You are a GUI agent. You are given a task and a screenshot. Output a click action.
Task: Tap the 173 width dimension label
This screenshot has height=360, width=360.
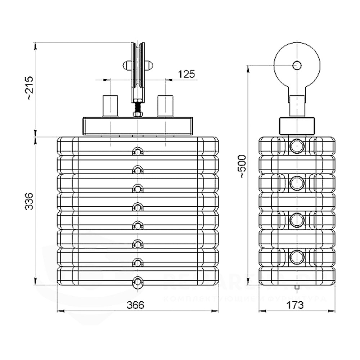coord(295,305)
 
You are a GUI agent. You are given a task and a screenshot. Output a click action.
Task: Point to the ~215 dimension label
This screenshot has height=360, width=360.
coord(30,88)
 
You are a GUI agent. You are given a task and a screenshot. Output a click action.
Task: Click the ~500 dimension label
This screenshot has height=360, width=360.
coord(242,166)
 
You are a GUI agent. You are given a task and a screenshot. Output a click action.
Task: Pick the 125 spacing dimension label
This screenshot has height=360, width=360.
coord(186,74)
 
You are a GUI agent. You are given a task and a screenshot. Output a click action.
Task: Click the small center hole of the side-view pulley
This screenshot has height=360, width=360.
coord(297,65)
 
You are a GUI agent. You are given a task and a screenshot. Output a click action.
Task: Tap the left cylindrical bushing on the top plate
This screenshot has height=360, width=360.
coord(111,105)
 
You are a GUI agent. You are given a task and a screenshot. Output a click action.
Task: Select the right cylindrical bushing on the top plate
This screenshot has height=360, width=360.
coord(165,105)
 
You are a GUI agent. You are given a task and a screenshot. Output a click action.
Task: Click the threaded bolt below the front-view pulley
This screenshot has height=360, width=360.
coord(138,108)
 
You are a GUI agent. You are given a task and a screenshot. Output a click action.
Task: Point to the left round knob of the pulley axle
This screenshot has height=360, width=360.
coord(127,66)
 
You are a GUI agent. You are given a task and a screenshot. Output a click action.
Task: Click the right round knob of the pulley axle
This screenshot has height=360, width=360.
coord(148,66)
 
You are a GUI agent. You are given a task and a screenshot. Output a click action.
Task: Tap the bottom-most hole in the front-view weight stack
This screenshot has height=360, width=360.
coord(138,282)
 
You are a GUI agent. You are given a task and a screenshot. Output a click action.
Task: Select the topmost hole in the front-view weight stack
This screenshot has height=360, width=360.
coord(138,152)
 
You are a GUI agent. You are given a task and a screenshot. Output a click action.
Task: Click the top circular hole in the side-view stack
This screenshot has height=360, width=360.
coord(297,146)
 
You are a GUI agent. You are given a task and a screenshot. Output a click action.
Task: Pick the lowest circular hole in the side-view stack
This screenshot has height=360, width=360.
coord(297,257)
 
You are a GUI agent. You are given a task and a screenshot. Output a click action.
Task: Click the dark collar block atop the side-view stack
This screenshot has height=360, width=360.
coord(297,125)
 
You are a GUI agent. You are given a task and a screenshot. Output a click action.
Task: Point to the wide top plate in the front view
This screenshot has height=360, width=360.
coord(138,126)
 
